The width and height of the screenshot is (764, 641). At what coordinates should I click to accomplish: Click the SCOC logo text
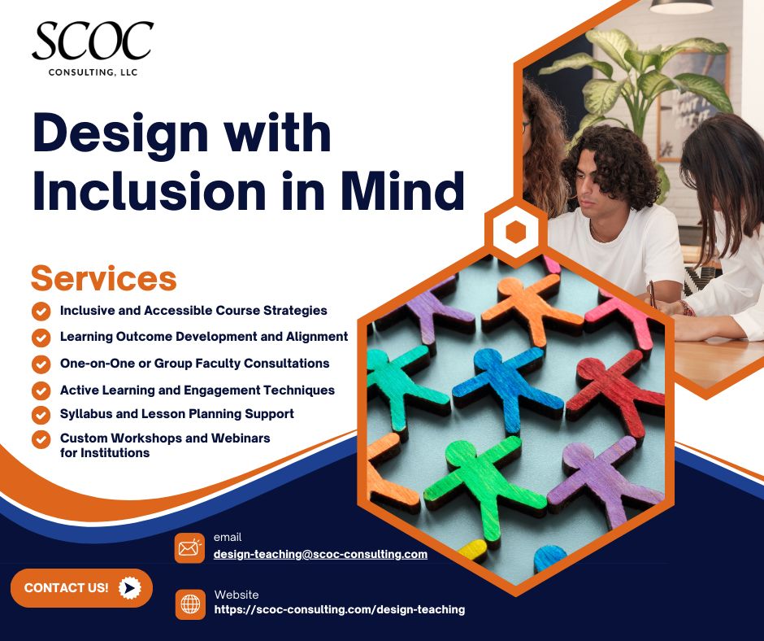[93, 41]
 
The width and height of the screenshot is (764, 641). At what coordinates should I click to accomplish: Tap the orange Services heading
[103, 278]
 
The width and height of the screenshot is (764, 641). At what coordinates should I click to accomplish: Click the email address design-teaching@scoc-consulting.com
[320, 554]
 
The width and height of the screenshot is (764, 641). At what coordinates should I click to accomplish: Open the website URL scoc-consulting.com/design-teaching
[339, 608]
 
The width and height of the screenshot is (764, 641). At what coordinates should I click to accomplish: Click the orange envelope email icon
[189, 547]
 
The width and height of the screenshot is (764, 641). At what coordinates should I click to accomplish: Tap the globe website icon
[190, 604]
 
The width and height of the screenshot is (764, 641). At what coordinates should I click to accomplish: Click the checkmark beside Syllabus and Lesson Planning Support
[41, 415]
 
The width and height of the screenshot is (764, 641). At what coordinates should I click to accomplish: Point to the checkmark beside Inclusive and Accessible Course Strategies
[41, 312]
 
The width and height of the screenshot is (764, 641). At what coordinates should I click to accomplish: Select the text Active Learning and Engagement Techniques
[197, 390]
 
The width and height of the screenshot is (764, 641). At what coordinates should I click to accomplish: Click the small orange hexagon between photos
[515, 233]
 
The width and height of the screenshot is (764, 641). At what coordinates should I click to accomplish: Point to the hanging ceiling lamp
[680, 7]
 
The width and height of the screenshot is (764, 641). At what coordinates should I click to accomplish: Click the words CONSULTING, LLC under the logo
[92, 73]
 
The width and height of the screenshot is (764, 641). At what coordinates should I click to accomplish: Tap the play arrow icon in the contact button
[130, 587]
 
